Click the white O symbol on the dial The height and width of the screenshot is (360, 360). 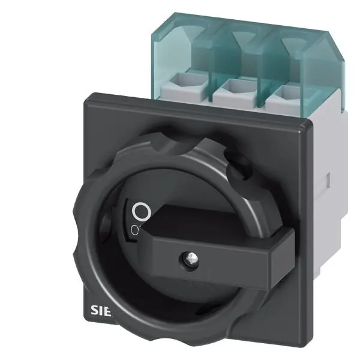(140, 211)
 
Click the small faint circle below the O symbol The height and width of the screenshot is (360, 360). (135, 229)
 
